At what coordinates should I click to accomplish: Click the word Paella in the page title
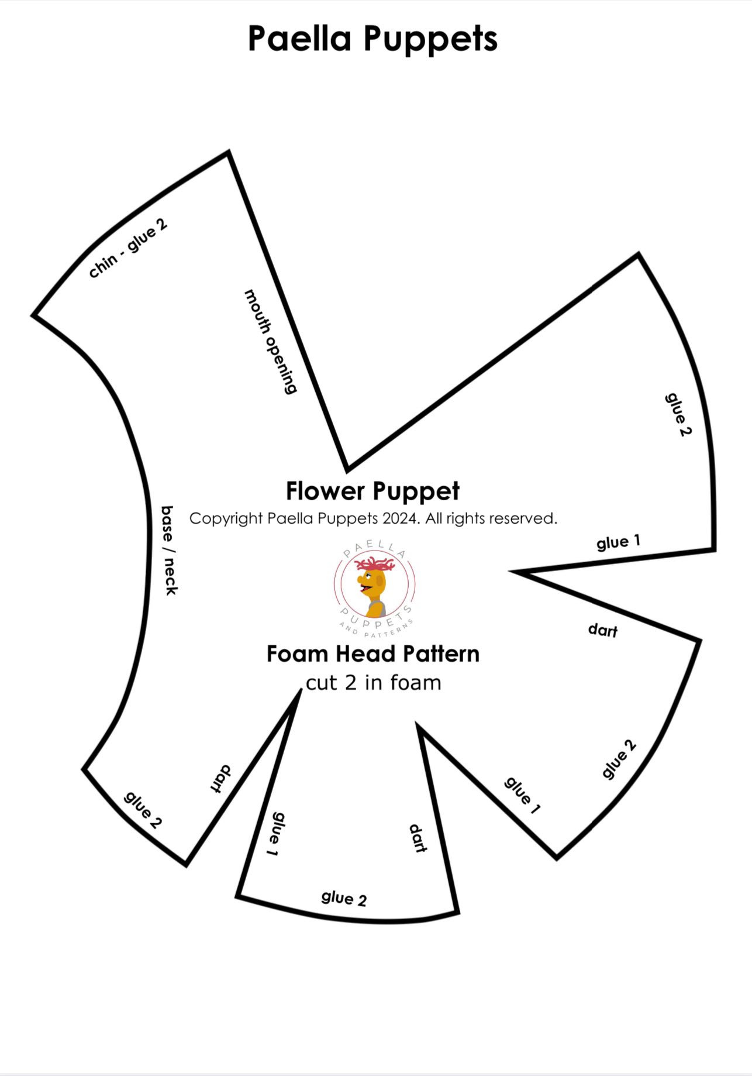click(x=299, y=39)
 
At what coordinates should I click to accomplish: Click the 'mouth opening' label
click(x=271, y=341)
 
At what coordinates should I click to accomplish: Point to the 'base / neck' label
click(x=168, y=551)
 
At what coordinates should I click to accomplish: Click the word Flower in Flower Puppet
click(x=326, y=491)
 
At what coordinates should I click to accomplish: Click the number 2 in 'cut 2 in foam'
click(x=350, y=683)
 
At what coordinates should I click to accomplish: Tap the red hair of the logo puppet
click(x=375, y=564)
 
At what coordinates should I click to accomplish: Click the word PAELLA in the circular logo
click(x=375, y=548)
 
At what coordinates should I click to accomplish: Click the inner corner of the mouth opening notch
click(x=348, y=469)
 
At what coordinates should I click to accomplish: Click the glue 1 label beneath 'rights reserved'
click(x=618, y=542)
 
